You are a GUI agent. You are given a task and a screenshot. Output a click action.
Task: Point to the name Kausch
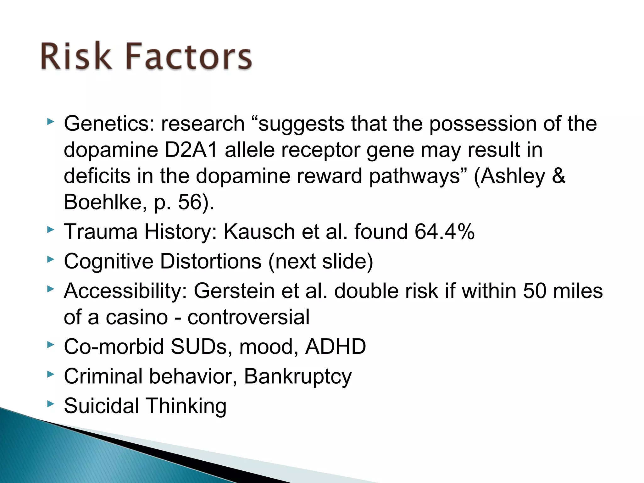[259, 232]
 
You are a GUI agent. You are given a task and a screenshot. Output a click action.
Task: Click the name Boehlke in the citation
[103, 202]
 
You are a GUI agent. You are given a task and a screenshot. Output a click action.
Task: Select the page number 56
[190, 202]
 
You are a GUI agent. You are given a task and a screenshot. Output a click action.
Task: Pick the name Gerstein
[234, 291]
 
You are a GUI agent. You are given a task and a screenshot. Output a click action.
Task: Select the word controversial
[248, 317]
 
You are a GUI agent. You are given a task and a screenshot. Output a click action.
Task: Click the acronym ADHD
[336, 347]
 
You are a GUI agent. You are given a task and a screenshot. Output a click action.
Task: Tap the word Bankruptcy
[297, 376]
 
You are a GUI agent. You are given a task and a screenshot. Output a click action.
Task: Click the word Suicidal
[101, 406]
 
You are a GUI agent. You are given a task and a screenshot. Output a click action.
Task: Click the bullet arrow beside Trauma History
[50, 230]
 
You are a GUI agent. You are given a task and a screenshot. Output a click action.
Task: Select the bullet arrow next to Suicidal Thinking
[50, 404]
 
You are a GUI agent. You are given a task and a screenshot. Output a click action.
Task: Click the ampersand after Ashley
[558, 176]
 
